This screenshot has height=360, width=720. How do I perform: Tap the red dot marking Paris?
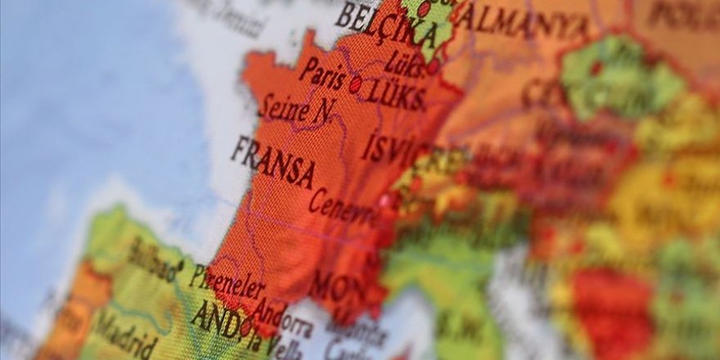(355, 83)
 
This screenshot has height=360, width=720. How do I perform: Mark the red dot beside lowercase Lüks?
(433, 67)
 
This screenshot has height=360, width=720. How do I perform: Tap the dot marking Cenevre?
(385, 200)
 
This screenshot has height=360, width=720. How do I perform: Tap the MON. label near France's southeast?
(335, 287)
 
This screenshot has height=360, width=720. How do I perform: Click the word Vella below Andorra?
(282, 349)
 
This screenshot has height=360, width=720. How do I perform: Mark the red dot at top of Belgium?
(424, 9)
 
